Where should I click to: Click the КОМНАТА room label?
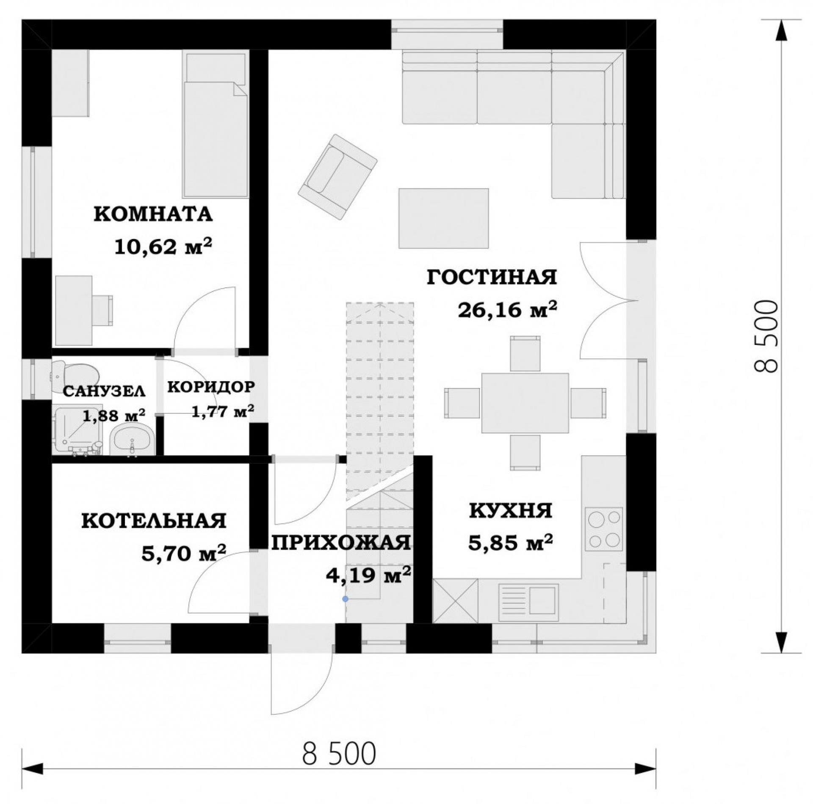click(153, 215)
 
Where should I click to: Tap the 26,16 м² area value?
click(507, 310)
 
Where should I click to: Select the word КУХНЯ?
click(511, 511)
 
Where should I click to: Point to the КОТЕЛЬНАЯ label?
click(154, 521)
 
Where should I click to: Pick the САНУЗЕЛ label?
click(104, 391)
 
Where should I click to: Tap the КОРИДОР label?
click(211, 386)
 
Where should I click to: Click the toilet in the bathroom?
click(75, 376)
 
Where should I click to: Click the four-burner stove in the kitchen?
click(604, 529)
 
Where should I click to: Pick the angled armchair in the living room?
click(337, 176)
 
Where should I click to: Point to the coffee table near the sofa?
click(444, 218)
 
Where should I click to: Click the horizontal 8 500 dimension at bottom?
click(339, 765)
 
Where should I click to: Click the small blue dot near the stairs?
click(346, 599)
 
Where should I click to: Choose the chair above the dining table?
click(525, 353)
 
